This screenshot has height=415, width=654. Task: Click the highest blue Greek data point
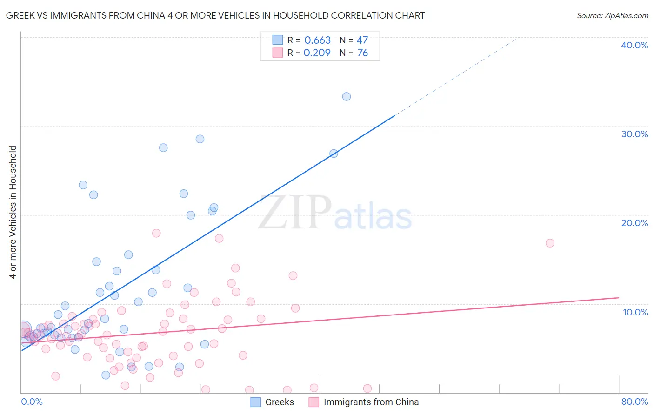(x=347, y=97)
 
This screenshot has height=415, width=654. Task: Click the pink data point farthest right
(x=550, y=243)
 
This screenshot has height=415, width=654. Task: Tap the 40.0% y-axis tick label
(x=634, y=45)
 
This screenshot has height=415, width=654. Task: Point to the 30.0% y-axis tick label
(x=634, y=134)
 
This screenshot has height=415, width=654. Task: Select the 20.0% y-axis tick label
(x=634, y=223)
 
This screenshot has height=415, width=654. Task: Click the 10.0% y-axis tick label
(x=635, y=312)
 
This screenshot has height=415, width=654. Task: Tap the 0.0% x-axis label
(x=32, y=402)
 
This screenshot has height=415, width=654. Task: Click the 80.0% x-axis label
(x=634, y=402)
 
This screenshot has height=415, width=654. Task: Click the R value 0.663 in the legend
(x=317, y=40)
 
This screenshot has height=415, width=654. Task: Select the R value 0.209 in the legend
(x=317, y=53)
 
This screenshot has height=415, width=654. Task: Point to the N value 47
(x=362, y=40)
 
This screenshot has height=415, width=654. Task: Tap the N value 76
(x=362, y=53)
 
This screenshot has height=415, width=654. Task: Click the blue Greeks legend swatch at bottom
(x=256, y=402)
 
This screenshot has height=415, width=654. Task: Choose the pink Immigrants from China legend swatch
(x=314, y=402)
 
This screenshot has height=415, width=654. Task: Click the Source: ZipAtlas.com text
(x=612, y=16)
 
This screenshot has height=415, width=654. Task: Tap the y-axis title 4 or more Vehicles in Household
(x=13, y=212)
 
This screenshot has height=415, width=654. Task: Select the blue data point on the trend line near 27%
(x=334, y=154)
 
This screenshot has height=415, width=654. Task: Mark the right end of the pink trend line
(x=619, y=297)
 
